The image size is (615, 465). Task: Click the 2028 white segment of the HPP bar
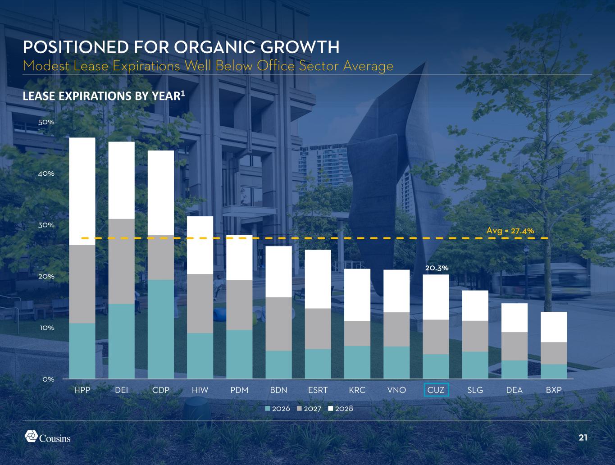point(82,191)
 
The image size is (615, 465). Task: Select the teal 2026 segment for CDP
point(161,329)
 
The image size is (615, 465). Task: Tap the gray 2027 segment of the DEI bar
point(121,261)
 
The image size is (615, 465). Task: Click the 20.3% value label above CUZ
point(436,268)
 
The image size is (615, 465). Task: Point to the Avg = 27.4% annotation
point(510,231)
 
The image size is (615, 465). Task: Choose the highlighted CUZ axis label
point(436,390)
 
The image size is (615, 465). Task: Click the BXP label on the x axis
point(554,390)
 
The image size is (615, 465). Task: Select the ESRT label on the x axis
point(318,390)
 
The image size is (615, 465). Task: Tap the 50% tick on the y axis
point(46,122)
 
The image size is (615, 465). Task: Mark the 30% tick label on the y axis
point(46,225)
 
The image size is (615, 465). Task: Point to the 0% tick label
point(48,379)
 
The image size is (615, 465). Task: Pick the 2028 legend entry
point(343,409)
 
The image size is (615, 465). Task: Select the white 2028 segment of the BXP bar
point(554,327)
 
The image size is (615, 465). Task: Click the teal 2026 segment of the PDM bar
point(239,354)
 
